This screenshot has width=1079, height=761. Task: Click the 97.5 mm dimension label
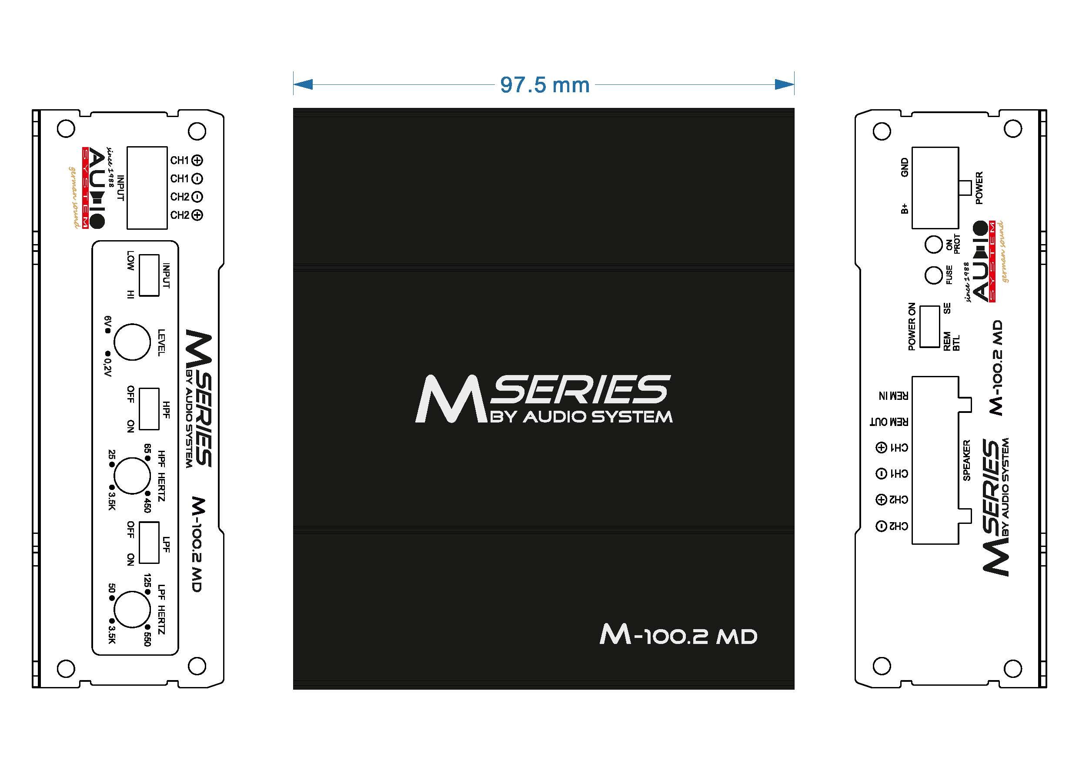coord(545,85)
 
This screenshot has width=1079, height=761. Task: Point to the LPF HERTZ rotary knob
coord(132,609)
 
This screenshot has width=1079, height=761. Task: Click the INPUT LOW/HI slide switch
coord(150,275)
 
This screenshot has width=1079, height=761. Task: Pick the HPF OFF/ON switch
coord(150,409)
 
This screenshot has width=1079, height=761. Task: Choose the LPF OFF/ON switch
coord(150,543)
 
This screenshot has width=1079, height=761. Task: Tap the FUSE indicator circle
coord(933,275)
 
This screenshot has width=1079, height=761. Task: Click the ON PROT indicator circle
coord(933,245)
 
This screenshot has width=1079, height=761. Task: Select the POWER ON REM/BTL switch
coord(929,327)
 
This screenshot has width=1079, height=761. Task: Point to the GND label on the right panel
coord(905,168)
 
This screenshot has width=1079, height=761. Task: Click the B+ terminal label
coord(905,208)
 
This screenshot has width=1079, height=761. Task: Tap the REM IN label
coord(893,396)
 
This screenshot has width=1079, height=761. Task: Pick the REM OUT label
coord(889,422)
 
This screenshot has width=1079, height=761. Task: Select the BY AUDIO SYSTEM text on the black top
coord(581,417)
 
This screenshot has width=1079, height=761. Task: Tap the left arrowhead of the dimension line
coord(303,84)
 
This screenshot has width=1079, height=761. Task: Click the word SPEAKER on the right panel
coord(967,460)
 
